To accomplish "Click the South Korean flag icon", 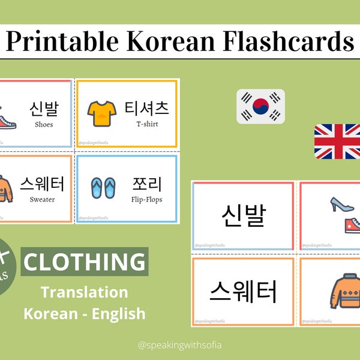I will coord(260,106).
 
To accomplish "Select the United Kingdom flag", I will coord(337,141).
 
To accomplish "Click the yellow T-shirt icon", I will coord(100,112).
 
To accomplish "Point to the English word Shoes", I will coord(44,125).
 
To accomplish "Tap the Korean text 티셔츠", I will coord(146,109).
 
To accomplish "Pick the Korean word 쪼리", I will coord(146,184).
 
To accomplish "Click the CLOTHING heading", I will coord(84,262).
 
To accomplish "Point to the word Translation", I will coord(84,292).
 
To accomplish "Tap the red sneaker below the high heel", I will coord(349,225).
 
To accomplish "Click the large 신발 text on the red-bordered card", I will coord(242,214).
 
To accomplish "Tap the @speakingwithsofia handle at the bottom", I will coord(180,345).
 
